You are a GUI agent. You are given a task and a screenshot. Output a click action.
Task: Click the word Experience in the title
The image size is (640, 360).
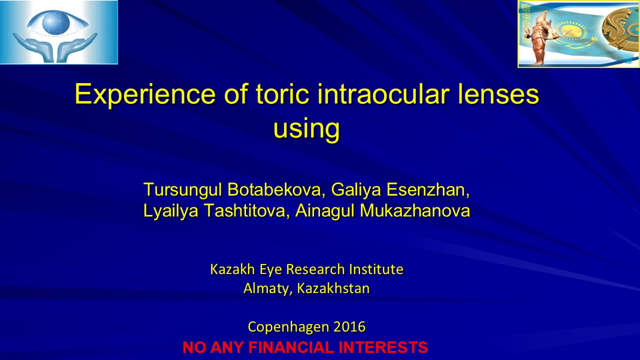coord(145,95)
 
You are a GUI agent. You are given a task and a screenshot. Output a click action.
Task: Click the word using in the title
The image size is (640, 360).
coord(306,128)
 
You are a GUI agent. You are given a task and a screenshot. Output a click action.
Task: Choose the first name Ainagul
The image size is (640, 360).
coord(325,211)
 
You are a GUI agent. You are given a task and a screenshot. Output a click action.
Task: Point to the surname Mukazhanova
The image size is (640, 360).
coord(415,210)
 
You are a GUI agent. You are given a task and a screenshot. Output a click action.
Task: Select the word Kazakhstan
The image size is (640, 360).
coord(333,288)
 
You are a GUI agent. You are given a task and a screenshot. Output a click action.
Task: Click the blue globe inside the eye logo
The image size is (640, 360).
coord(56,22)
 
